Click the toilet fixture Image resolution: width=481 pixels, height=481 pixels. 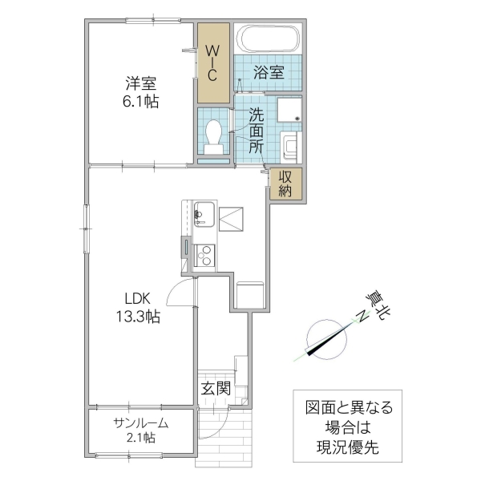pyautogui.click(x=214, y=135)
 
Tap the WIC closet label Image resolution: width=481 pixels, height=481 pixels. pyautogui.click(x=213, y=63)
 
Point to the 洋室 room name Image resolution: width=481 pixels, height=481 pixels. pyautogui.click(x=140, y=83)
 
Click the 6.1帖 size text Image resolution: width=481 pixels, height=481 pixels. pyautogui.click(x=140, y=102)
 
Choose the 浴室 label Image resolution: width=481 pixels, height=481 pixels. pyautogui.click(x=269, y=72)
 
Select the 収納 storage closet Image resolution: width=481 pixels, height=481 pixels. pyautogui.click(x=286, y=184)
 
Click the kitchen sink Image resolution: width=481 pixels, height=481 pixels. pyautogui.click(x=202, y=215)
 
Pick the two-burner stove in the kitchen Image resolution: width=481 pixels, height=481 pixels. pyautogui.click(x=204, y=255)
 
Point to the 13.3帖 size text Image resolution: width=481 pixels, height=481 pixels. pyautogui.click(x=136, y=316)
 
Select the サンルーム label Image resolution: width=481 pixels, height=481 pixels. pyautogui.click(x=139, y=422)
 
